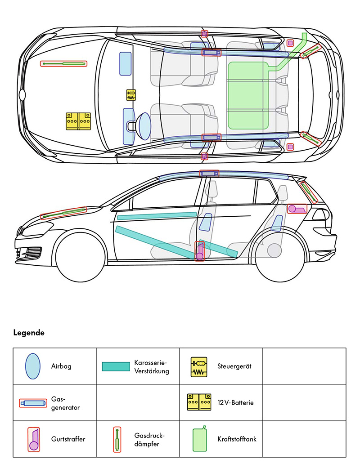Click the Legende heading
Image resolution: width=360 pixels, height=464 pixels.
coord(28,333)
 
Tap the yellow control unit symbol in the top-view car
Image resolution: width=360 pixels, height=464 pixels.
coord(131,95)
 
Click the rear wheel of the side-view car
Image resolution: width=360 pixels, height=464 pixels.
coord(274,250)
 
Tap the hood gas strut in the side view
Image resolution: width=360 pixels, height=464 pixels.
coord(63,213)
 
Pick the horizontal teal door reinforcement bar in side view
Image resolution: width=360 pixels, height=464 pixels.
coord(157,216)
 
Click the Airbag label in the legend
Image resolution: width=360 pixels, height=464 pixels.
coord(61,366)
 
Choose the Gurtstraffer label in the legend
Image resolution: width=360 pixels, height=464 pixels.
coord(68,439)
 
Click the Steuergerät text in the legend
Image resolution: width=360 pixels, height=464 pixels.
coord(234,366)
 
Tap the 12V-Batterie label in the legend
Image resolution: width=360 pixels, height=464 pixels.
coord(235,402)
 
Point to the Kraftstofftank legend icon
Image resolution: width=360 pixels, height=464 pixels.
coord(199,439)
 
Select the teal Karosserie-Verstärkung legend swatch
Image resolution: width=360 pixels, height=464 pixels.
coord(116,366)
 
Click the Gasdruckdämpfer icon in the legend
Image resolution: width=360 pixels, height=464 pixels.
coord(117,439)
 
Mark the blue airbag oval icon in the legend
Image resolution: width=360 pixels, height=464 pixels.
coord(33,366)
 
